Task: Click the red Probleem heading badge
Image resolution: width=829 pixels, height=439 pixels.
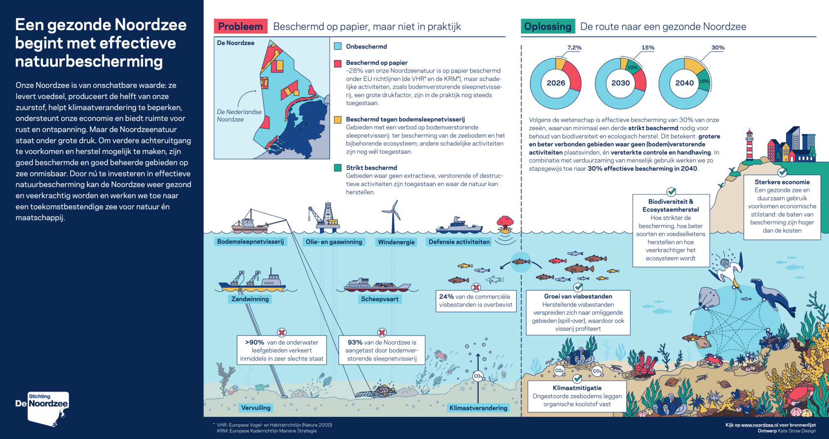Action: pyautogui.click(x=241, y=26)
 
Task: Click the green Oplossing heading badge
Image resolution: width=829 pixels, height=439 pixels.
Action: pyautogui.click(x=548, y=26)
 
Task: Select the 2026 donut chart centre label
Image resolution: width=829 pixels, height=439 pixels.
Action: pyautogui.click(x=556, y=83)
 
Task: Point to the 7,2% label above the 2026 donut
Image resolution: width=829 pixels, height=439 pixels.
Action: pyautogui.click(x=574, y=47)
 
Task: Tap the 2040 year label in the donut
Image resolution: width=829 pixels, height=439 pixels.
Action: pyautogui.click(x=684, y=83)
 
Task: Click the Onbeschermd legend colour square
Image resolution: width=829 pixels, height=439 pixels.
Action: pyautogui.click(x=338, y=46)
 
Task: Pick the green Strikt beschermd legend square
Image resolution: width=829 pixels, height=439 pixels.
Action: pyautogui.click(x=338, y=168)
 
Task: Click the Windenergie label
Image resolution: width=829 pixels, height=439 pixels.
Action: pyautogui.click(x=396, y=242)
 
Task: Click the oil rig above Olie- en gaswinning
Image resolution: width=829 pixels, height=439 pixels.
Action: pyautogui.click(x=324, y=218)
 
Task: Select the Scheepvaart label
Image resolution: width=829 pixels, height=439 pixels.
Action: pyautogui.click(x=380, y=299)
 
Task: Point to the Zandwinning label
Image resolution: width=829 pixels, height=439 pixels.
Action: pyautogui.click(x=250, y=299)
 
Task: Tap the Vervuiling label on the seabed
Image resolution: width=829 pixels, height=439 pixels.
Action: pyautogui.click(x=256, y=408)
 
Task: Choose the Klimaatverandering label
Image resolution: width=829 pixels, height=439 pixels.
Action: pyautogui.click(x=478, y=408)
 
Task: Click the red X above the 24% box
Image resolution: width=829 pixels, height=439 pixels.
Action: pyautogui.click(x=476, y=288)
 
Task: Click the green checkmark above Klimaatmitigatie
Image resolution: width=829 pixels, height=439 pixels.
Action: pyautogui.click(x=577, y=379)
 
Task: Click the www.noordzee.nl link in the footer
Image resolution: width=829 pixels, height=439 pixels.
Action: pyautogui.click(x=759, y=425)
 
